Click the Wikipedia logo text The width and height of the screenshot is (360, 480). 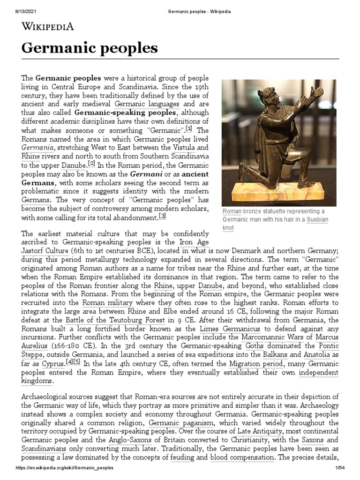tap(48, 26)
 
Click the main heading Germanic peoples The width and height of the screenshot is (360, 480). tap(90, 48)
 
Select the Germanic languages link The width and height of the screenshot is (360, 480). tap(147, 104)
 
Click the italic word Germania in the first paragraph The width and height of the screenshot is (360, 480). tap(39, 147)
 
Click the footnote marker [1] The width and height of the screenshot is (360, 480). tap(189, 129)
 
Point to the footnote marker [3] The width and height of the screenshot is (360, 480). tap(163, 216)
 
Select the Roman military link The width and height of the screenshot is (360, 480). tap(107, 303)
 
